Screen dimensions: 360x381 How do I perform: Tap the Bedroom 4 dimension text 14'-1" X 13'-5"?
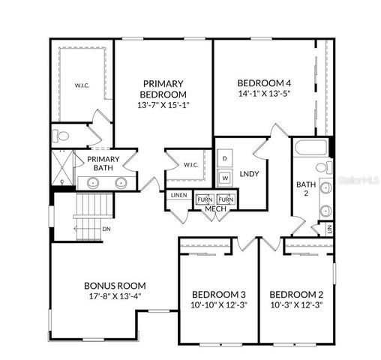pyautogui.click(x=263, y=94)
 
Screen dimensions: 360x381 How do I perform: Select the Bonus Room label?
pyautogui.click(x=115, y=286)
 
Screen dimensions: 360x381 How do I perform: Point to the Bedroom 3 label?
pyautogui.click(x=218, y=294)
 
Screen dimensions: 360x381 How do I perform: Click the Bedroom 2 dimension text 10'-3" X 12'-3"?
pyautogui.click(x=296, y=304)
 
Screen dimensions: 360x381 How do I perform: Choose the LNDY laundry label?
pyautogui.click(x=250, y=174)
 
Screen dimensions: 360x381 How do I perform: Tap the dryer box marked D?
pyautogui.click(x=225, y=159)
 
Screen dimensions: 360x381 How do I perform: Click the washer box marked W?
pyautogui.click(x=225, y=178)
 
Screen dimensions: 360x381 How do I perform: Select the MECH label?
pyautogui.click(x=214, y=208)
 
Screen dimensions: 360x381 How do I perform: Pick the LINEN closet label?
pyautogui.click(x=178, y=195)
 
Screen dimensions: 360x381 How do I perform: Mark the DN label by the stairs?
pyautogui.click(x=106, y=229)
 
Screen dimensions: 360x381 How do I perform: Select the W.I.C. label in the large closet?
pyautogui.click(x=82, y=85)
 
